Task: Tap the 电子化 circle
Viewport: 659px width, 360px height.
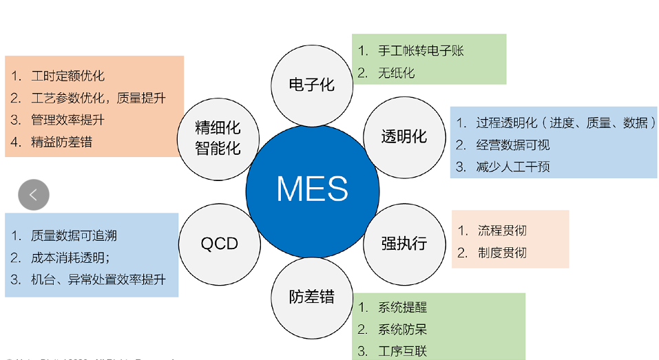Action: point(311,85)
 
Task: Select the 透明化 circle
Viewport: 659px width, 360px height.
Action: point(404,136)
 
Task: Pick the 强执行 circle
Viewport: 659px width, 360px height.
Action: point(404,243)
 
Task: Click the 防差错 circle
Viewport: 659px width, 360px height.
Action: point(311,297)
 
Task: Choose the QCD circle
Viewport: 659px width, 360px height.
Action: point(219,243)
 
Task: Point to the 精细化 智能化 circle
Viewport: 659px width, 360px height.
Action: point(218,136)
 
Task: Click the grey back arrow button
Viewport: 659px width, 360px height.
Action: point(34,195)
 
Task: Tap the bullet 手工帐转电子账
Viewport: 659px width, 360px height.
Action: point(421,51)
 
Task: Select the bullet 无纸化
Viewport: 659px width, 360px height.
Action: point(396,73)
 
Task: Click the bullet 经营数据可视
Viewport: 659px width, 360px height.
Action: point(512,145)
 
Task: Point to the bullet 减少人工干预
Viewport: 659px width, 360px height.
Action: point(512,167)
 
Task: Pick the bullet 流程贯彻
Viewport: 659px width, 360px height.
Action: point(502,231)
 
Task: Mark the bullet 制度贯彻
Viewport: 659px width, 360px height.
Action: point(502,253)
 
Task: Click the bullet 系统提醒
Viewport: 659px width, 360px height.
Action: point(402,308)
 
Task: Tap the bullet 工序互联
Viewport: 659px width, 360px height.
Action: point(402,351)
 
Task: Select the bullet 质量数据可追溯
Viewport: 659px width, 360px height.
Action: point(74,235)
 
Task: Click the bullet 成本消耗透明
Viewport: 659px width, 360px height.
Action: point(71,257)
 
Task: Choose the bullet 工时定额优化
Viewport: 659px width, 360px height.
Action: point(67,76)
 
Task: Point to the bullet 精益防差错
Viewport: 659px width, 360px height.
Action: point(61,142)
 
